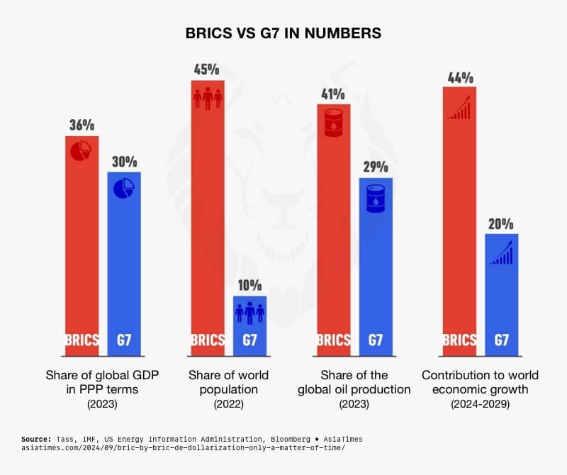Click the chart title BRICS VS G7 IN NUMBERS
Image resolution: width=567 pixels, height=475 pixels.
pyautogui.click(x=283, y=33)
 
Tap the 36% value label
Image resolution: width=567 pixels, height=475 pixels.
pyautogui.click(x=82, y=125)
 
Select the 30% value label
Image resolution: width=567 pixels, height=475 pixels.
pyautogui.click(x=124, y=161)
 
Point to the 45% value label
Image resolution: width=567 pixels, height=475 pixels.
pyautogui.click(x=208, y=69)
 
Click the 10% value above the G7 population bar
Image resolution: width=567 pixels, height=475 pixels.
pyautogui.click(x=249, y=286)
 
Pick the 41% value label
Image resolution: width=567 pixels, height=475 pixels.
pyautogui.click(x=333, y=94)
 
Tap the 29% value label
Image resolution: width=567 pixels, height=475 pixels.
pyautogui.click(x=376, y=167)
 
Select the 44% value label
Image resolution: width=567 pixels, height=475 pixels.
pyautogui.click(x=459, y=77)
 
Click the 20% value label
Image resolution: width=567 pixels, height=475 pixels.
pyautogui.click(x=501, y=223)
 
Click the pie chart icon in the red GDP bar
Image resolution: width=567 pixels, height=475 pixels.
pyautogui.click(x=82, y=152)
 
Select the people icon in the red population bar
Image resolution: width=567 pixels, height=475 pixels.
pyautogui.click(x=208, y=98)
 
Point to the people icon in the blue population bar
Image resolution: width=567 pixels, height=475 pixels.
pyautogui.click(x=249, y=313)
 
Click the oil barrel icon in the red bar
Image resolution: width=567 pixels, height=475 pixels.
pyautogui.click(x=333, y=123)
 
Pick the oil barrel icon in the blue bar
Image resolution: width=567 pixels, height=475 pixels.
pyautogui.click(x=376, y=197)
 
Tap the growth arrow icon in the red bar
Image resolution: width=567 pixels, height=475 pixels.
pyautogui.click(x=459, y=108)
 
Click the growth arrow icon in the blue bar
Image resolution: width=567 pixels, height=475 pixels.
pyautogui.click(x=501, y=252)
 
